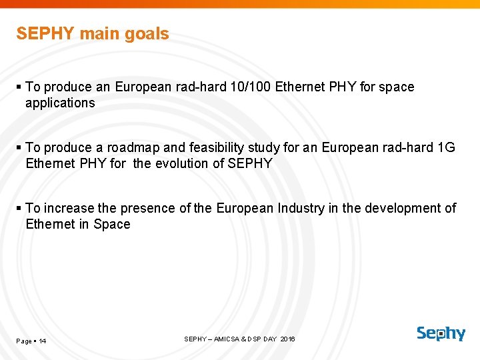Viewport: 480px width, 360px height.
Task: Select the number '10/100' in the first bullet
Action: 250,87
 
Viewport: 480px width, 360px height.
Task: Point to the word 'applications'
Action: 60,103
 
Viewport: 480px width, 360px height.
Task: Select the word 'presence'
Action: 151,208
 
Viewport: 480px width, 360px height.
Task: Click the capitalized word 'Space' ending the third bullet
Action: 112,224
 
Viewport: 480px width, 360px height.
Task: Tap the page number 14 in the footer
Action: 42,341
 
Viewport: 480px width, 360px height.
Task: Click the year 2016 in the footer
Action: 288,339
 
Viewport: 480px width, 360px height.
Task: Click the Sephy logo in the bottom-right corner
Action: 441,333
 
